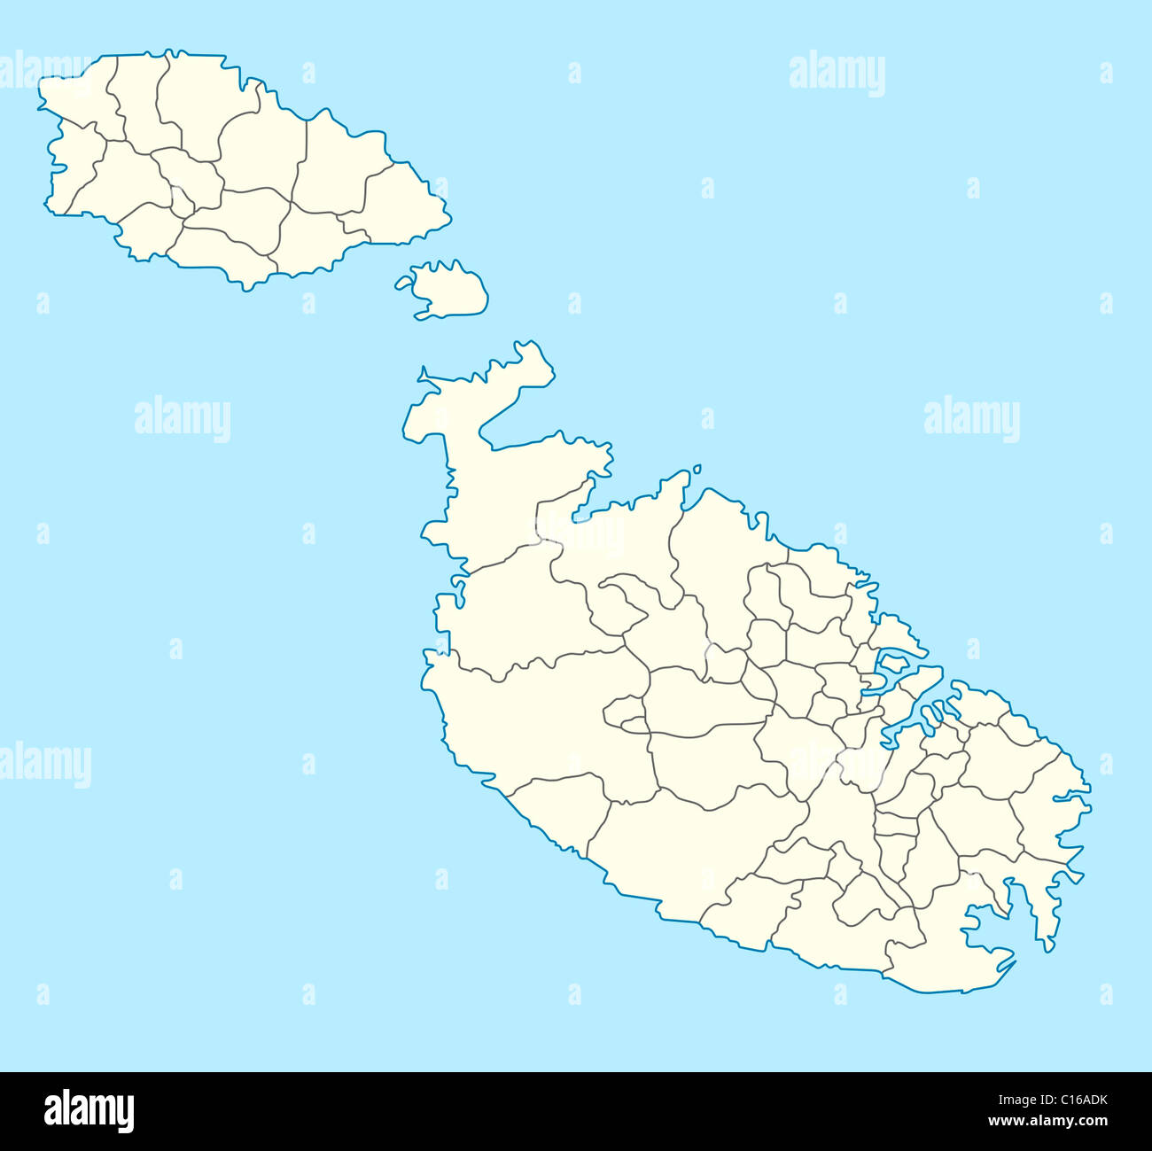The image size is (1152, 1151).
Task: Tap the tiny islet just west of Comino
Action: pyautogui.click(x=404, y=284)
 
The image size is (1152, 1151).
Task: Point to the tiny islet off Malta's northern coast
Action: pyautogui.click(x=697, y=470)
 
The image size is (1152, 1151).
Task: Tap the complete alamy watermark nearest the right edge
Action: pyautogui.click(x=971, y=419)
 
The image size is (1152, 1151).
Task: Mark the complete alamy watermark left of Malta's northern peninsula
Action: pyautogui.click(x=183, y=419)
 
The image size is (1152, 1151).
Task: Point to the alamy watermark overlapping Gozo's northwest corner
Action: pyautogui.click(x=44, y=71)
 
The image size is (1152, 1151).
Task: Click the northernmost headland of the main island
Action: pyautogui.click(x=532, y=350)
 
